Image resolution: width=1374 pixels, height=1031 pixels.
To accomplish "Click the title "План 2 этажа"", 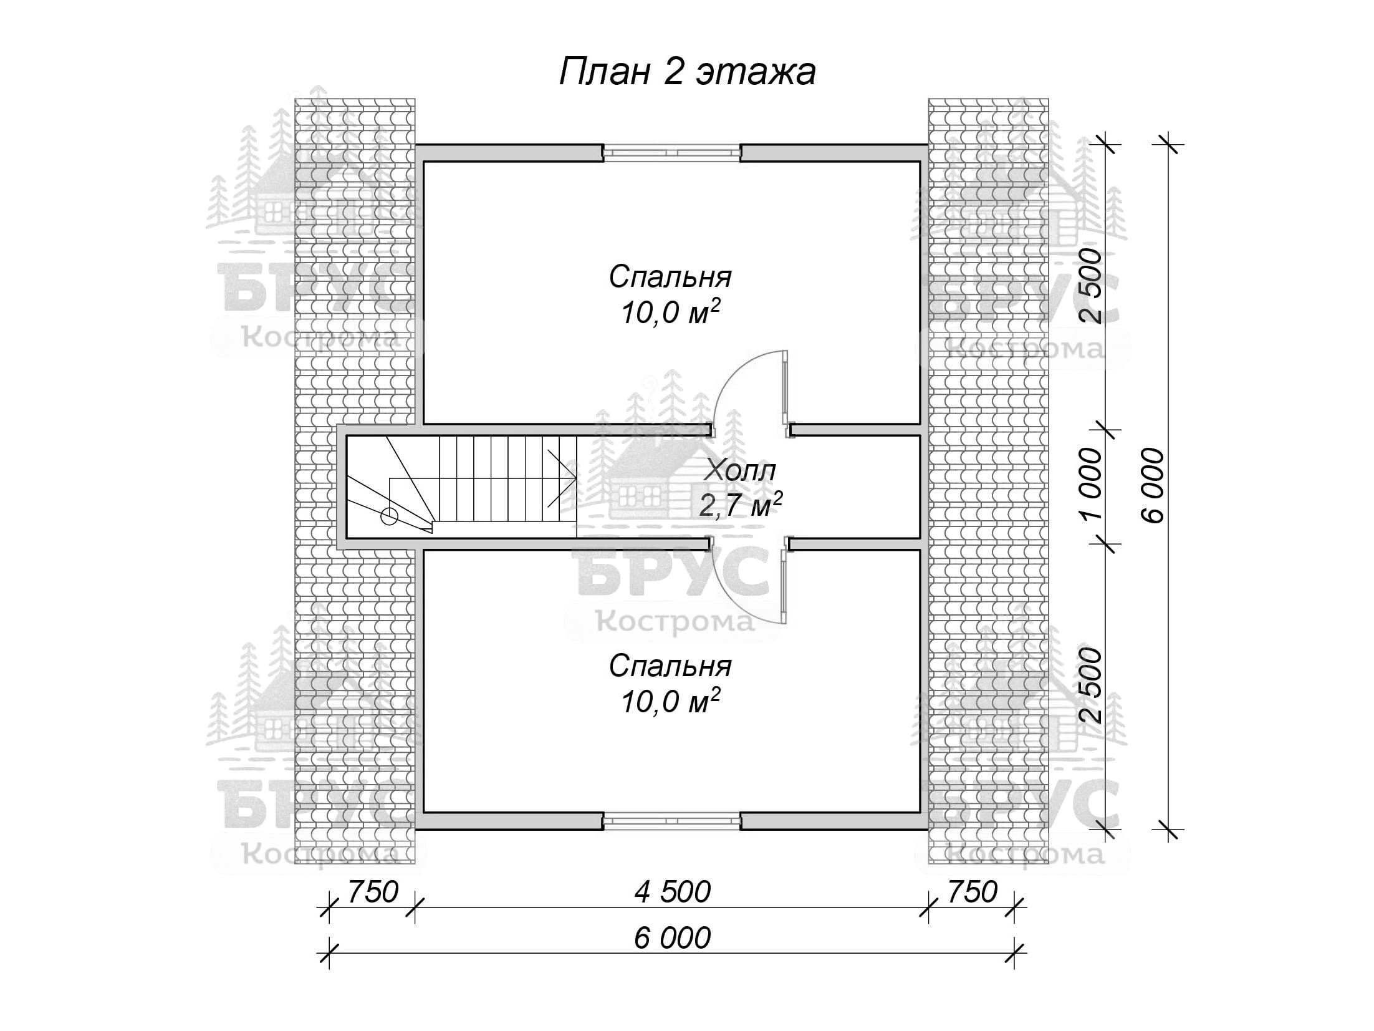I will click(x=687, y=72).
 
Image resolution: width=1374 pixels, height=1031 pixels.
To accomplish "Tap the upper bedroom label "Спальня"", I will click(x=670, y=277).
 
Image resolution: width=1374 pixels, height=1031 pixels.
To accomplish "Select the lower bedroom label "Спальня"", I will click(x=670, y=667).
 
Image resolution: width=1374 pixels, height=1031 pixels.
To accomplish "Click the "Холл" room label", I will click(x=739, y=472).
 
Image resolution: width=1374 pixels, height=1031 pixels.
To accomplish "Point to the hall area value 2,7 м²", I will click(x=740, y=505).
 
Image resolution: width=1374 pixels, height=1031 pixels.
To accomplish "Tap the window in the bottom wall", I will click(x=671, y=821).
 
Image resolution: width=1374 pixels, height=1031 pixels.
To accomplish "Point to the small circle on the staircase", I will click(x=389, y=516).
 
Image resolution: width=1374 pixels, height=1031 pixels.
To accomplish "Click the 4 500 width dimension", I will click(x=673, y=892).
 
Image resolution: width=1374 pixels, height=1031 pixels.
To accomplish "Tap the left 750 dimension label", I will click(x=372, y=892).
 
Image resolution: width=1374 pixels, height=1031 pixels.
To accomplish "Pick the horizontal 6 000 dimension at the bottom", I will click(x=673, y=938).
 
